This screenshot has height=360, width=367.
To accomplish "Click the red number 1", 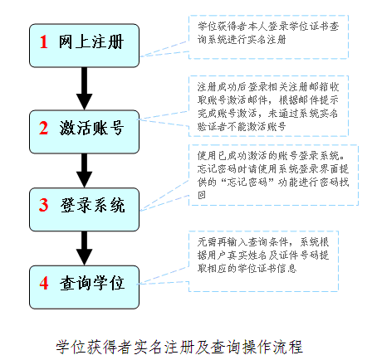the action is tap(44, 42).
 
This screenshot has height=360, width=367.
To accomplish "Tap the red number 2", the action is tap(44, 129).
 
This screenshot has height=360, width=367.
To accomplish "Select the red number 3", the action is tap(44, 205).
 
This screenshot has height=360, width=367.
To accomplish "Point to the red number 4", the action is tap(44, 283).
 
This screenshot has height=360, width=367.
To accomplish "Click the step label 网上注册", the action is tap(91, 42).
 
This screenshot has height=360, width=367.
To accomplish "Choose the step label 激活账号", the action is tap(91, 129).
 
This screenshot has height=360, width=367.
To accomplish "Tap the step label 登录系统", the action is tap(92, 205).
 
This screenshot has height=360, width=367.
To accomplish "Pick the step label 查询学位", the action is tap(92, 283).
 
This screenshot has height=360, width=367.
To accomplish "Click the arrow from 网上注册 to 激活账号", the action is tap(85, 89).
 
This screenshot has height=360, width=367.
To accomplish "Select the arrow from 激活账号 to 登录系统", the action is tap(85, 171).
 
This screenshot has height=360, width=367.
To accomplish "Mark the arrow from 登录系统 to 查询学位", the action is tap(85, 248).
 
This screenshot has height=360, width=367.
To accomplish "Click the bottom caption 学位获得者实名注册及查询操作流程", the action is tap(179, 347).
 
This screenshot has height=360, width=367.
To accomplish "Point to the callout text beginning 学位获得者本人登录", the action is tap(268, 33).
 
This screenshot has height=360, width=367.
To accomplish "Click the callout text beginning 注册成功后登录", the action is tap(268, 106).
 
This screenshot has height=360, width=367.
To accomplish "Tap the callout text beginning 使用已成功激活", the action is tap(273, 175).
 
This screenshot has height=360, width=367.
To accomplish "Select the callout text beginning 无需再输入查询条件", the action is tap(263, 255).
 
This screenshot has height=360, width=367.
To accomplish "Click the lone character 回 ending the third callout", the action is tap(202, 195).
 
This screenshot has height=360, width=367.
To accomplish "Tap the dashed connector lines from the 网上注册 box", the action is tap(164, 50).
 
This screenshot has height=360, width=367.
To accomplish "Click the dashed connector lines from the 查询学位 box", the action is tap(164, 276).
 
